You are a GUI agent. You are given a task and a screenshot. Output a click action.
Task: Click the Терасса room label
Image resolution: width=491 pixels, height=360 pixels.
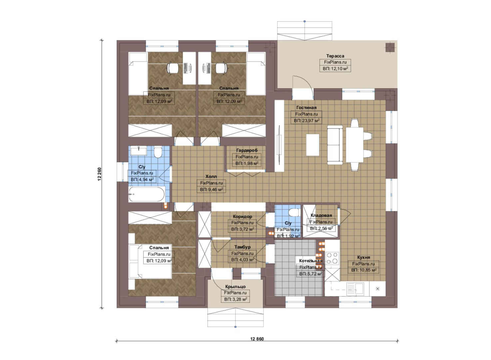[x=335, y=56]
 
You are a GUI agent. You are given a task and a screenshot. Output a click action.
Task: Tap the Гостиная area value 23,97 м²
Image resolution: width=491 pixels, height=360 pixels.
[x=306, y=121]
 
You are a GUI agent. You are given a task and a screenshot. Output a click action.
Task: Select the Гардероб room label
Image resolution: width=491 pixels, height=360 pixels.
[x=247, y=150]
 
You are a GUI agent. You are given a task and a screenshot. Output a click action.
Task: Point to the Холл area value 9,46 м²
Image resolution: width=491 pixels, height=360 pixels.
[x=211, y=190]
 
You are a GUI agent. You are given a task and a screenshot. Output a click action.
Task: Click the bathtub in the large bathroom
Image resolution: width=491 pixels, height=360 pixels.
[x=147, y=194]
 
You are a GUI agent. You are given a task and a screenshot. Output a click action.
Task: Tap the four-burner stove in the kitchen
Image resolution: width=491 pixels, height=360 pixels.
[x=332, y=258]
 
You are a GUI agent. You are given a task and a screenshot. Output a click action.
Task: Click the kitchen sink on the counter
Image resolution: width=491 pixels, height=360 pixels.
[x=355, y=289]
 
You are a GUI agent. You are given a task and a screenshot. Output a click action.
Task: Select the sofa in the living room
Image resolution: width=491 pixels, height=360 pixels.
[x=335, y=145]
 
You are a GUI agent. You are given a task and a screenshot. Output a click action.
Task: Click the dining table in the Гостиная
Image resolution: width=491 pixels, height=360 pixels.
[x=355, y=145]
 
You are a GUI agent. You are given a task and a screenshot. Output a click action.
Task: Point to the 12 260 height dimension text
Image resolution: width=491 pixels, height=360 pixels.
[x=100, y=174]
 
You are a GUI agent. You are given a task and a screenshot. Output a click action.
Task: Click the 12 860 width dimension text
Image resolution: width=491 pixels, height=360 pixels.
[x=257, y=339]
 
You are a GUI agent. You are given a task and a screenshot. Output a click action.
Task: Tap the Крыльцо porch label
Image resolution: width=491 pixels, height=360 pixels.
[x=235, y=287]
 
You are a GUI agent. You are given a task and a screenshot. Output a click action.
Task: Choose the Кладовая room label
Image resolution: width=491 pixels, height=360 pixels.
[x=321, y=215]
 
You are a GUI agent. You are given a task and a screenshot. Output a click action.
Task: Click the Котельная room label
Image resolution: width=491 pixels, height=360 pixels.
[x=310, y=261]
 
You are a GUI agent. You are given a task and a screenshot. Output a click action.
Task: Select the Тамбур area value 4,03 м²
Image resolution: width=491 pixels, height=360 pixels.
[x=243, y=260]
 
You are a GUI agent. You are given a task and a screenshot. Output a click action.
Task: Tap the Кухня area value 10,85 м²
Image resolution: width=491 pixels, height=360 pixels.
[x=364, y=270]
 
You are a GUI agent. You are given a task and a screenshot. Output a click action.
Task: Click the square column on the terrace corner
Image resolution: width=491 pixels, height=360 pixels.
[x=390, y=47]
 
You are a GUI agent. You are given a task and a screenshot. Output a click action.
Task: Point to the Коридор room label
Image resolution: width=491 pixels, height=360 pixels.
[x=243, y=217]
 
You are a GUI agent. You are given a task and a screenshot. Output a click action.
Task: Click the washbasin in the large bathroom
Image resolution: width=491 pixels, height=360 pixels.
[x=139, y=151]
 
